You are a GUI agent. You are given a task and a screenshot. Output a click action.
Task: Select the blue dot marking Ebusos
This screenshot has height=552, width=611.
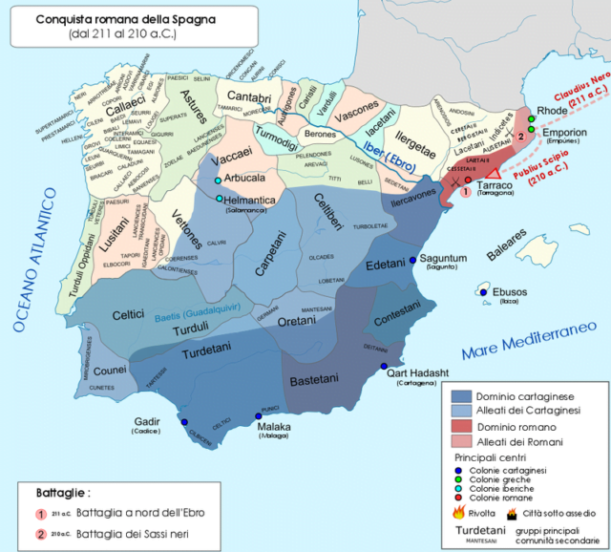[x=484, y=292]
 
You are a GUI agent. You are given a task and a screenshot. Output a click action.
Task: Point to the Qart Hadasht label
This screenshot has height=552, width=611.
[x=418, y=374]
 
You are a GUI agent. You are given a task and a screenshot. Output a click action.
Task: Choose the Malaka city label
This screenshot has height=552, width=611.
[x=273, y=428]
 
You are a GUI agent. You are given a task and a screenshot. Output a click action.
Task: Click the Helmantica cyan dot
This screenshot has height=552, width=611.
[x=220, y=199]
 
